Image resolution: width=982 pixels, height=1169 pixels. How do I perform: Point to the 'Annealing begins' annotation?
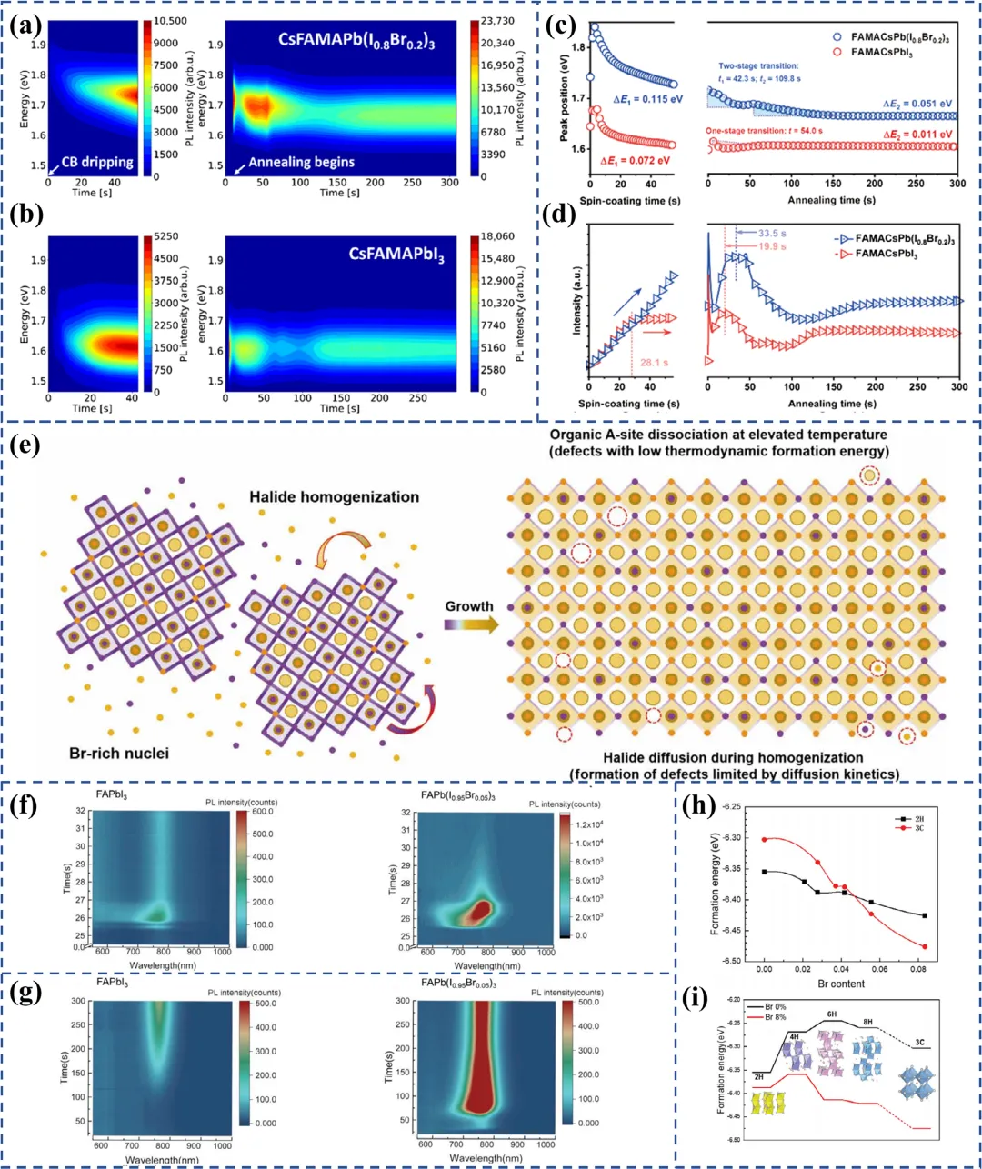(x=301, y=162)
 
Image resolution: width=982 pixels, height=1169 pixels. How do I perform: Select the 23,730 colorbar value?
(x=497, y=21)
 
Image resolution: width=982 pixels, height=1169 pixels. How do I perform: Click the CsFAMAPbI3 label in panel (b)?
(x=396, y=255)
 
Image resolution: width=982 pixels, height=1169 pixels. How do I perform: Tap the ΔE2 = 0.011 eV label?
(x=918, y=135)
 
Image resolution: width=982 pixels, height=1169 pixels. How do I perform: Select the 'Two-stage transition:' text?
(x=758, y=66)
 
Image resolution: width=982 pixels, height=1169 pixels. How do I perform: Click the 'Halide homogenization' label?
(x=335, y=496)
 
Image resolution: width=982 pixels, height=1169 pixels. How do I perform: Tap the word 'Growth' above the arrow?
(x=469, y=605)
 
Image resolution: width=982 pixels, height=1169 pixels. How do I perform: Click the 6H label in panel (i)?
(x=831, y=1014)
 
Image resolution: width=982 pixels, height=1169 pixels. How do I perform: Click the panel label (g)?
(x=25, y=992)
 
